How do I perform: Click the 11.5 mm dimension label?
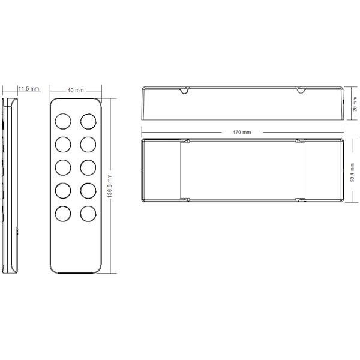(x=29, y=89)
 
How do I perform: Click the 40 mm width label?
(x=76, y=90)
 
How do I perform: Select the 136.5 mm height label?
(x=110, y=186)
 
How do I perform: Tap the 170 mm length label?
(x=242, y=132)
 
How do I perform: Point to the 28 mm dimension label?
(x=355, y=104)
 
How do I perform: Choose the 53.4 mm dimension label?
(x=352, y=173)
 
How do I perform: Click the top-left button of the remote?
(x=63, y=121)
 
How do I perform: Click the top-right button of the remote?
(x=88, y=121)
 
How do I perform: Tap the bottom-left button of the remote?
(x=63, y=214)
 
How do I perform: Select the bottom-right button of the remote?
(x=88, y=214)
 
